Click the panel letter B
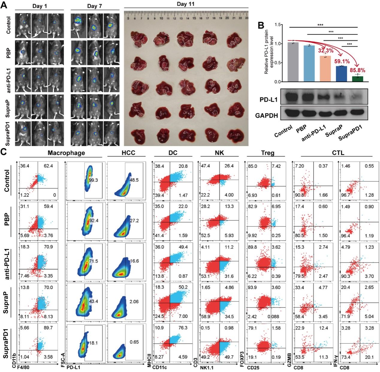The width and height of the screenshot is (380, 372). tap(261, 25)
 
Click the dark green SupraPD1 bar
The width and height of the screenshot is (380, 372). tap(358, 79)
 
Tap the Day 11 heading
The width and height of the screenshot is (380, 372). tap(186, 4)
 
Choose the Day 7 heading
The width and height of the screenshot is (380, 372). tap(95, 6)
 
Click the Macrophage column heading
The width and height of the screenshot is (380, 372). tap(66, 153)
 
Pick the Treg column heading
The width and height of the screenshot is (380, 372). tap(268, 153)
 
